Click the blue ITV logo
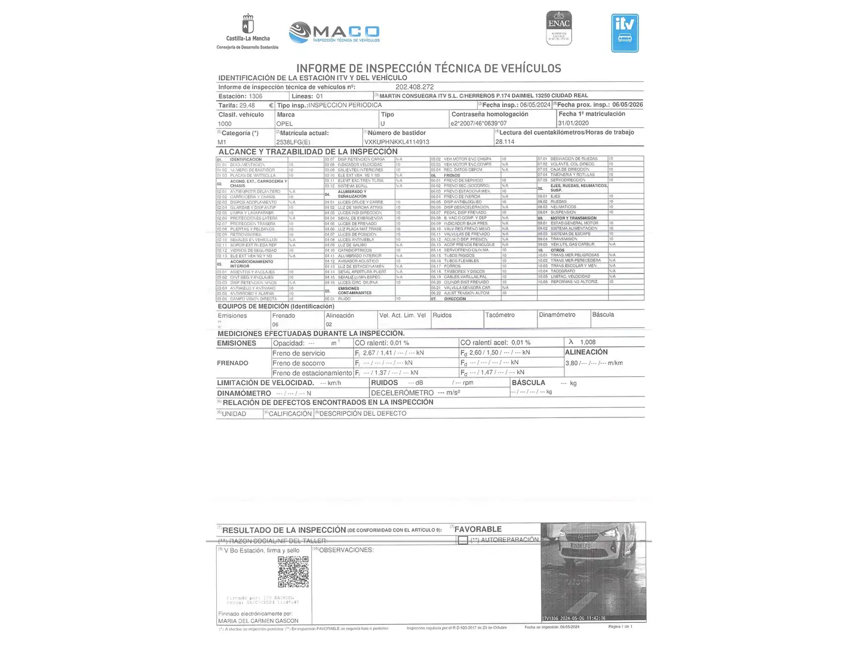click(x=625, y=33)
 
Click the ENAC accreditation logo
click(x=559, y=28)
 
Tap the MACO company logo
click(x=334, y=33)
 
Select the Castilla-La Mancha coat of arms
click(x=248, y=25)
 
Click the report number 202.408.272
click(x=414, y=87)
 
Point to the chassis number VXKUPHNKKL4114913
click(x=397, y=142)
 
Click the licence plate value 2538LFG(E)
click(x=293, y=142)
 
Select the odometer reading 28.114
click(x=505, y=142)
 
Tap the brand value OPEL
click(x=285, y=124)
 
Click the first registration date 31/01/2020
click(x=573, y=123)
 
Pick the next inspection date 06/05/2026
click(x=627, y=105)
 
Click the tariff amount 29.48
click(x=247, y=106)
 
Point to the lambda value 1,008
click(x=588, y=342)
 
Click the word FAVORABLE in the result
click(x=478, y=529)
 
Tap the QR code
click(x=293, y=572)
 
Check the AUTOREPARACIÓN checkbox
click(x=463, y=540)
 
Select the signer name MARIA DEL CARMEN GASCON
click(x=258, y=621)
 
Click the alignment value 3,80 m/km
click(x=594, y=363)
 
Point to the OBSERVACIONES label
click(x=346, y=550)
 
